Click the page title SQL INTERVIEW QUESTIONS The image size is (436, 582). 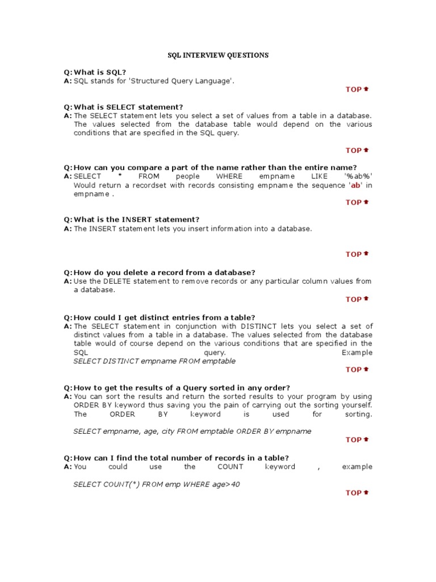[219, 55]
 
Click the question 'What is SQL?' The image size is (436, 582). [100, 73]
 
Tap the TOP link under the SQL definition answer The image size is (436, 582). [357, 89]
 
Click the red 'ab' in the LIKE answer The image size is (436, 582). [355, 185]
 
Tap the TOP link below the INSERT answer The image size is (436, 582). [357, 255]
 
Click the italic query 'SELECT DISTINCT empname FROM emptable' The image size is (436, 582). [154, 361]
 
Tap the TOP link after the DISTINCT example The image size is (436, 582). [357, 370]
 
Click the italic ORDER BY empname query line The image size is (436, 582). [192, 431]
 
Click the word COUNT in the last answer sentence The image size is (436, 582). [230, 467]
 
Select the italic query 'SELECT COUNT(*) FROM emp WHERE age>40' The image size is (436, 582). [153, 484]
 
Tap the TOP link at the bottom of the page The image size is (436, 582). [357, 493]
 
